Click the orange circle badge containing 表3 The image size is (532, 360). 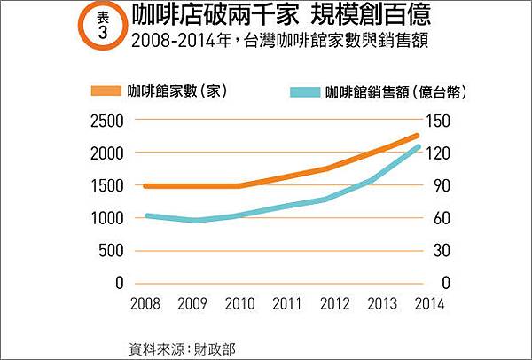(x=102, y=27)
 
